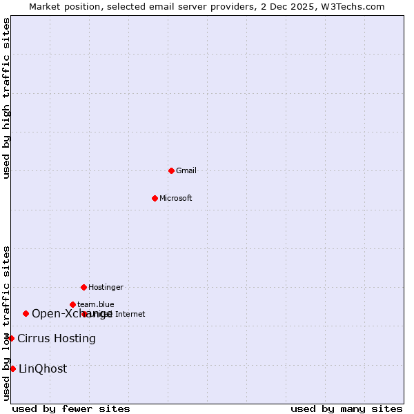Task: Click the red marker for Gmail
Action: pyautogui.click(x=171, y=170)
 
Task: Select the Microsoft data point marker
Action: pyautogui.click(x=155, y=199)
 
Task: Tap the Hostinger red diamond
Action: pyautogui.click(x=83, y=287)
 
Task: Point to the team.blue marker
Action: pyautogui.click(x=72, y=304)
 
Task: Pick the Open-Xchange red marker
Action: pyautogui.click(x=26, y=313)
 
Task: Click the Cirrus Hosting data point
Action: pyautogui.click(x=11, y=338)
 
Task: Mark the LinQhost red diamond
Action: pyautogui.click(x=12, y=368)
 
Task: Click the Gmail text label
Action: pyautogui.click(x=186, y=171)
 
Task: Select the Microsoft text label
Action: pyautogui.click(x=176, y=199)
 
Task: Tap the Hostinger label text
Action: pyautogui.click(x=106, y=287)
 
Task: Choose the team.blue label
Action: pyautogui.click(x=96, y=304)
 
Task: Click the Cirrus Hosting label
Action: pyautogui.click(x=57, y=339)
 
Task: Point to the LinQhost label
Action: pyautogui.click(x=43, y=369)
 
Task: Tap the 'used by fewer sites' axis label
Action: pyautogui.click(x=71, y=409)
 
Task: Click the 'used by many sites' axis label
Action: pyautogui.click(x=346, y=409)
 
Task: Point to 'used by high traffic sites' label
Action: pyautogui.click(x=7, y=98)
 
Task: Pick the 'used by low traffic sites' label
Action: pyautogui.click(x=7, y=323)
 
